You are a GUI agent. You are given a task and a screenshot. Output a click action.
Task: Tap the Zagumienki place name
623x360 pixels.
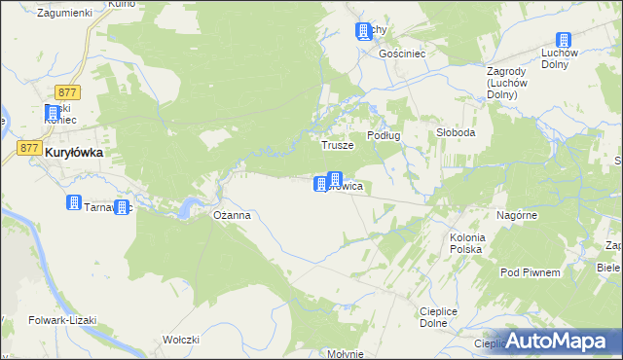click(63, 13)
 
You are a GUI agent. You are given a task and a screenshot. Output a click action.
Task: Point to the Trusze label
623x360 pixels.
click(337, 145)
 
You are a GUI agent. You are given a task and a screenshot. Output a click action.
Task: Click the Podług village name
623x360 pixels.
click(384, 135)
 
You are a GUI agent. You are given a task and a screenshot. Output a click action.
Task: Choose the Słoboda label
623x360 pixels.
click(455, 132)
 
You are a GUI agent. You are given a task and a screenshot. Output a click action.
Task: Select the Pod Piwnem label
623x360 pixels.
click(530, 272)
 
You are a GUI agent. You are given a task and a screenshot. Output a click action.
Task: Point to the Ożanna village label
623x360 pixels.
click(233, 216)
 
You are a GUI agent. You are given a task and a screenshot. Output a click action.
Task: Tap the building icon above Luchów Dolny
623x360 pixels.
click(563, 41)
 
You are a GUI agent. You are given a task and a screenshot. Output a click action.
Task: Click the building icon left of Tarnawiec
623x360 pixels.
click(73, 203)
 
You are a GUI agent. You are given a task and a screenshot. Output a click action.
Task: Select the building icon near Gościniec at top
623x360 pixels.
click(364, 31)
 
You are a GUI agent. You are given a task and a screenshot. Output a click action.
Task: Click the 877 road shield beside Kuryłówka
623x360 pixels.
click(29, 148)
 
